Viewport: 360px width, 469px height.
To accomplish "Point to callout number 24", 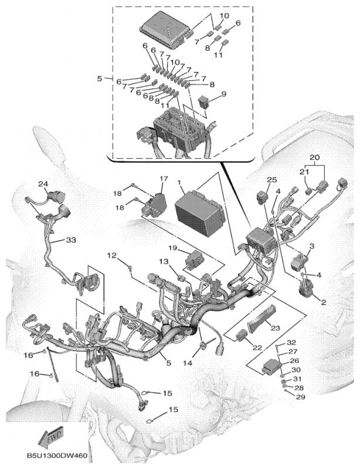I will [x=43, y=184].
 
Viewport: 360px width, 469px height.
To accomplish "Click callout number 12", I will [x=111, y=255].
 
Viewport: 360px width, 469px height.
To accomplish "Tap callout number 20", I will [x=315, y=158].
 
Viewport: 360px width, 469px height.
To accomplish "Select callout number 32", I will [x=292, y=342].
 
